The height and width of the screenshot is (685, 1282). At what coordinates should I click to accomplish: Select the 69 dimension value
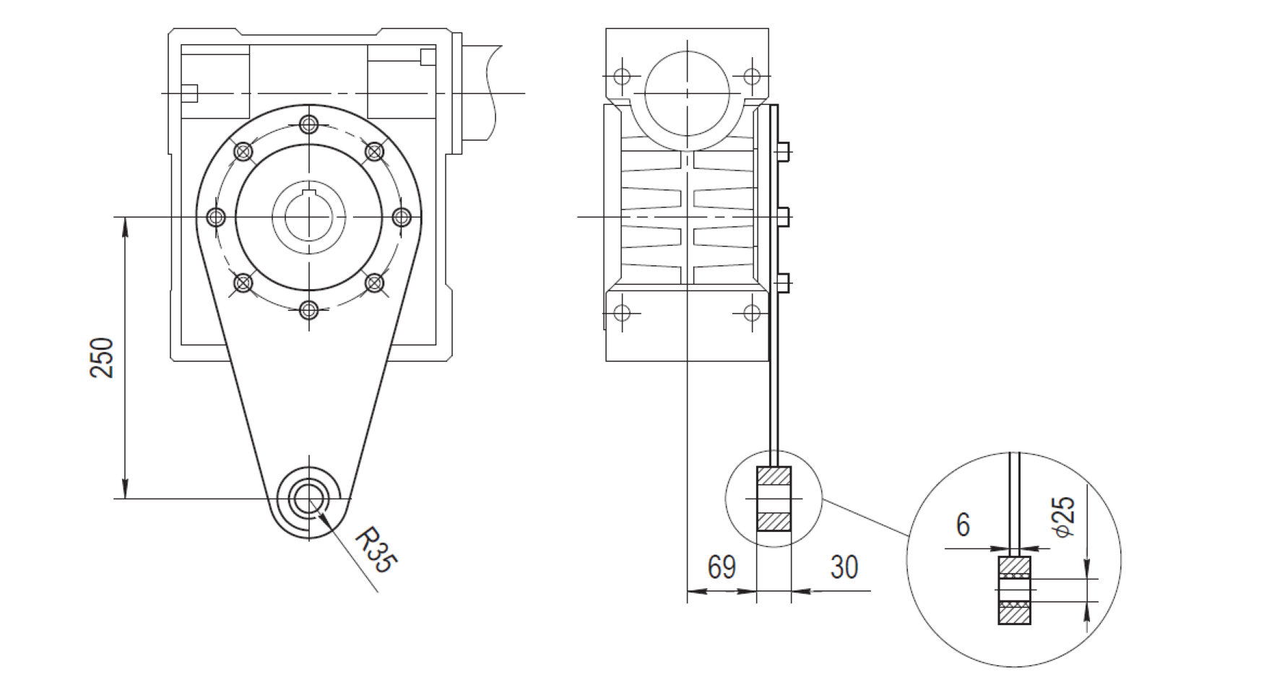722,568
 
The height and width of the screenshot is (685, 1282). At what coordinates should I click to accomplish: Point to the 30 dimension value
844,568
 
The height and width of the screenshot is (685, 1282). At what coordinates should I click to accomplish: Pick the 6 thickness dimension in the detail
963,525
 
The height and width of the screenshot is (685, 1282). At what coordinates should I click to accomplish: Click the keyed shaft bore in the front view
309,217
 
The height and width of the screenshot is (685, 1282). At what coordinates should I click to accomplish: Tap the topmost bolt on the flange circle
309,124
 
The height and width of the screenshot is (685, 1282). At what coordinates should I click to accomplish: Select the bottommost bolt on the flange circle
309,310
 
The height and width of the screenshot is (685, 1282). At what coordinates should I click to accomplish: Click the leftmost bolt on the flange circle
216,217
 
